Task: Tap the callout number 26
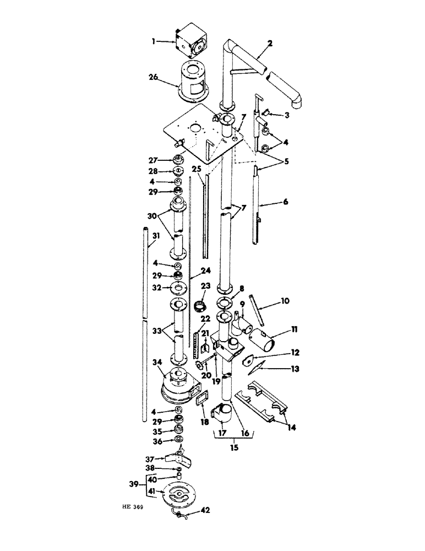[154, 79]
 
